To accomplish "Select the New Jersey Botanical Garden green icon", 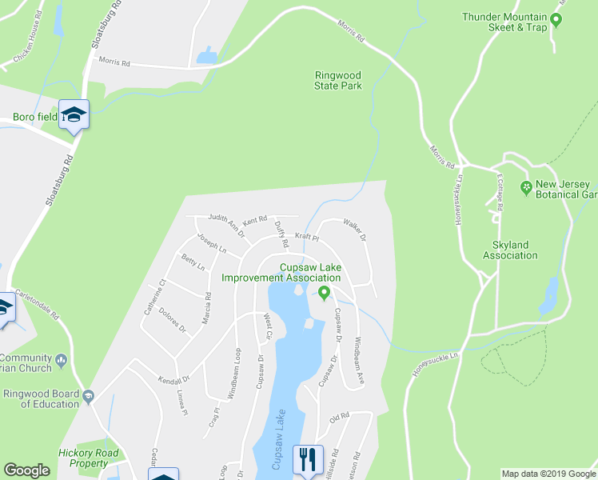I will (526, 188).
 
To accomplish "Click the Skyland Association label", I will (510, 250).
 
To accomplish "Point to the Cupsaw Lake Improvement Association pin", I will (324, 293).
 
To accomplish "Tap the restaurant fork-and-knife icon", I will (308, 458).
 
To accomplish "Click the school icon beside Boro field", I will (74, 114).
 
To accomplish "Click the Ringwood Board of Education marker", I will (90, 397).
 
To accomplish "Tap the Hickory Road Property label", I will (88, 458).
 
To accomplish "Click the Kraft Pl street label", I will (306, 237).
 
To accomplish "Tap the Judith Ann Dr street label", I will (225, 218).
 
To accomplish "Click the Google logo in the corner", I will (26, 470).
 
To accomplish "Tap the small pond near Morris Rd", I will (206, 55).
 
